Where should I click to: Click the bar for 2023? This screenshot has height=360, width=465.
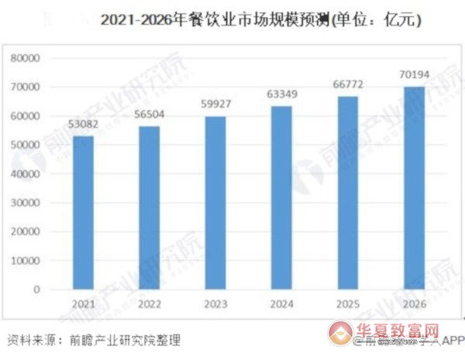pyautogui.click(x=215, y=203)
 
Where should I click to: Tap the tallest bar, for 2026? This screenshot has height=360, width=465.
pyautogui.click(x=414, y=188)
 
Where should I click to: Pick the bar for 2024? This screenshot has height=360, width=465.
pyautogui.click(x=281, y=197)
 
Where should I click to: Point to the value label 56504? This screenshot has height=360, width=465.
pyautogui.click(x=149, y=117)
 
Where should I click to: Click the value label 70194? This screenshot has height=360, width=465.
pyautogui.click(x=414, y=74)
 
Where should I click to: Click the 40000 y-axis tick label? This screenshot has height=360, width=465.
pyautogui.click(x=25, y=174)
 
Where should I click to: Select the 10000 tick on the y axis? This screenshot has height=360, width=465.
pyautogui.click(x=25, y=261)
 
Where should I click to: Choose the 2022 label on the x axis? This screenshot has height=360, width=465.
pyautogui.click(x=149, y=304)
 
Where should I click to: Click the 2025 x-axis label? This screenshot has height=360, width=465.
pyautogui.click(x=347, y=304)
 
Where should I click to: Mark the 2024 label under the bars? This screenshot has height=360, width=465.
pyautogui.click(x=281, y=304)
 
